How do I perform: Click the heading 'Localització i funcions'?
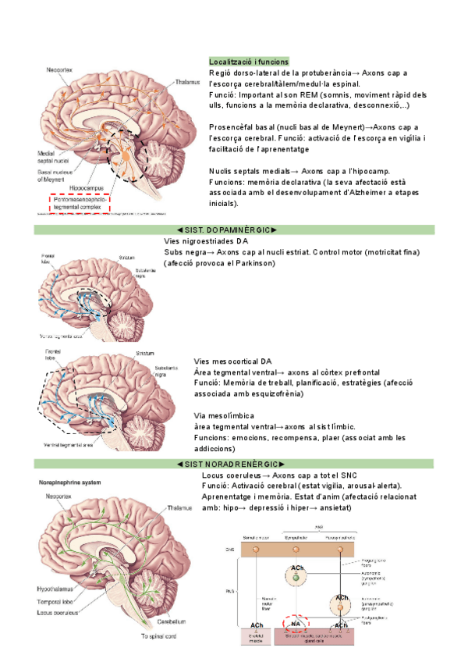tap(249, 62)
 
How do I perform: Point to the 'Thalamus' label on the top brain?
tap(187, 81)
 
